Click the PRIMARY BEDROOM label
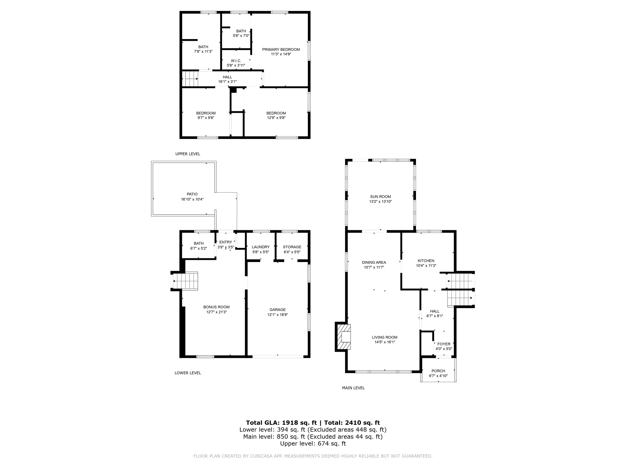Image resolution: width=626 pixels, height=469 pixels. (x=281, y=49)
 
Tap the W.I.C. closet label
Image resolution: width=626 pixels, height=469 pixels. (x=236, y=61)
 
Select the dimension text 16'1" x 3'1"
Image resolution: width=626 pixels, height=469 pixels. (x=227, y=82)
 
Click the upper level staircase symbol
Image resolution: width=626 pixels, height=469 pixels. (x=190, y=78)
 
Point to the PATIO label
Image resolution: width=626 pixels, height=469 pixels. (x=192, y=194)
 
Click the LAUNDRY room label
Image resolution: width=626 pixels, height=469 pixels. (x=260, y=247)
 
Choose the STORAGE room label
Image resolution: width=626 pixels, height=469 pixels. (x=292, y=247)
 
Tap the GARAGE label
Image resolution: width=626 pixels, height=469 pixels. (x=277, y=310)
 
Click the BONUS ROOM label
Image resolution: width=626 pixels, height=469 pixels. (x=216, y=307)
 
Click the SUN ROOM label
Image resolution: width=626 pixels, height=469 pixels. (x=380, y=197)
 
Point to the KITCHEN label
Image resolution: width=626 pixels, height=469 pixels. (x=426, y=261)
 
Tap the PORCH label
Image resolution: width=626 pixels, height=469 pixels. (x=438, y=371)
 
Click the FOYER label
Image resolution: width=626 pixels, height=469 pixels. (x=444, y=344)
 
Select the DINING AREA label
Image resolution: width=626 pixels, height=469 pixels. (x=374, y=262)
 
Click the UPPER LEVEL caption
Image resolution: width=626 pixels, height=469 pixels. (x=188, y=154)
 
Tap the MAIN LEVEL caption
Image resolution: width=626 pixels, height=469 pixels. (x=353, y=388)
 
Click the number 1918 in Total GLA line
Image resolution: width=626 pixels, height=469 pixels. (x=289, y=423)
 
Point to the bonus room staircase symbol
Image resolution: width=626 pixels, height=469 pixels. (x=186, y=281)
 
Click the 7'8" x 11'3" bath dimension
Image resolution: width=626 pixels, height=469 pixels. (x=203, y=52)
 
